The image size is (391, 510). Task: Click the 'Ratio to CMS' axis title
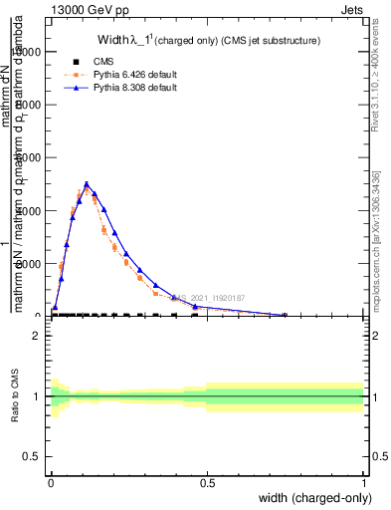pos(15,397)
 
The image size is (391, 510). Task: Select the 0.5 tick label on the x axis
pos(207,482)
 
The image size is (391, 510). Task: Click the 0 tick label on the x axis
pos(51,482)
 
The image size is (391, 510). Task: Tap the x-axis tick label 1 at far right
pos(363,482)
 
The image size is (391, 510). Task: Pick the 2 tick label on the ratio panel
pos(38,336)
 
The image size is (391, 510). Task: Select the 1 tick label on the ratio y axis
pos(38,396)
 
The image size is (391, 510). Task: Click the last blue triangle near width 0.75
pos(286,315)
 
